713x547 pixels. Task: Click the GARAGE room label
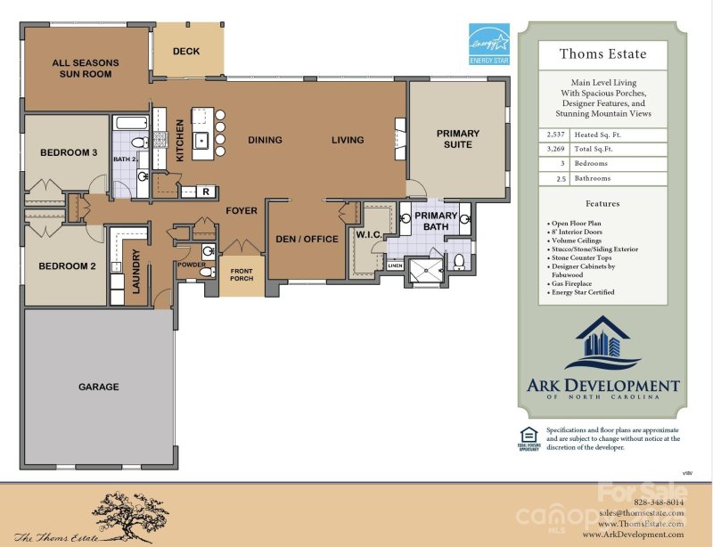pyautogui.click(x=98, y=388)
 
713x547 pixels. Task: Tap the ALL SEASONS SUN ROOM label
pyautogui.click(x=86, y=69)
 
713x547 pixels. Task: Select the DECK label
pyautogui.click(x=186, y=52)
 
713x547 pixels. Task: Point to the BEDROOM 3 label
pyautogui.click(x=69, y=152)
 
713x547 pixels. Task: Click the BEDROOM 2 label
pyautogui.click(x=68, y=265)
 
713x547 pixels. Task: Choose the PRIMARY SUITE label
pyautogui.click(x=457, y=140)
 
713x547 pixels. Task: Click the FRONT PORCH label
pyautogui.click(x=242, y=274)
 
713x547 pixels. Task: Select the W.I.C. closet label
pyautogui.click(x=368, y=235)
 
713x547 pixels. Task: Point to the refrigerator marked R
pyautogui.click(x=206, y=192)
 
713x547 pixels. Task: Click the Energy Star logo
pyautogui.click(x=489, y=45)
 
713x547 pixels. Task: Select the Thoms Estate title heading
pyautogui.click(x=602, y=53)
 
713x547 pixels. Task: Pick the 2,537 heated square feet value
pyautogui.click(x=555, y=134)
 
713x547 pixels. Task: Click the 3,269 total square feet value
pyautogui.click(x=555, y=149)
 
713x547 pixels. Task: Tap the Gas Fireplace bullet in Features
pyautogui.click(x=574, y=283)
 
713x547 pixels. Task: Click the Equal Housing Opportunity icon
pyautogui.click(x=527, y=437)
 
